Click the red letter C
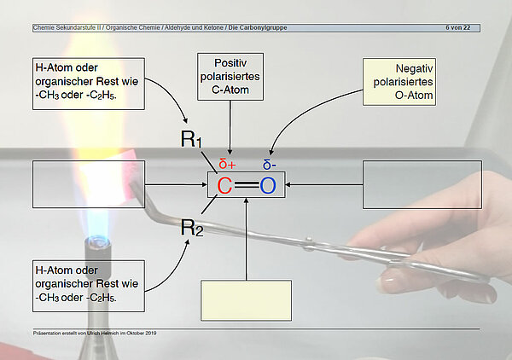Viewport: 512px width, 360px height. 224,185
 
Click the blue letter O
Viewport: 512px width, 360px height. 268,185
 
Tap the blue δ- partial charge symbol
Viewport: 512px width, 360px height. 270,165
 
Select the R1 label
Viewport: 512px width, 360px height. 191,140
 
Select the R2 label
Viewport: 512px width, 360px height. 191,228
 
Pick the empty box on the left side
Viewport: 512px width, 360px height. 89,184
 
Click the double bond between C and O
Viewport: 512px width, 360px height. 247,185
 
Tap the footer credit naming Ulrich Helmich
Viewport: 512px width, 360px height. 94,332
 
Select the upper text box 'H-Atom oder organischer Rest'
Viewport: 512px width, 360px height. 88,84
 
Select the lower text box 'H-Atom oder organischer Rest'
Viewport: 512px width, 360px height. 88,286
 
